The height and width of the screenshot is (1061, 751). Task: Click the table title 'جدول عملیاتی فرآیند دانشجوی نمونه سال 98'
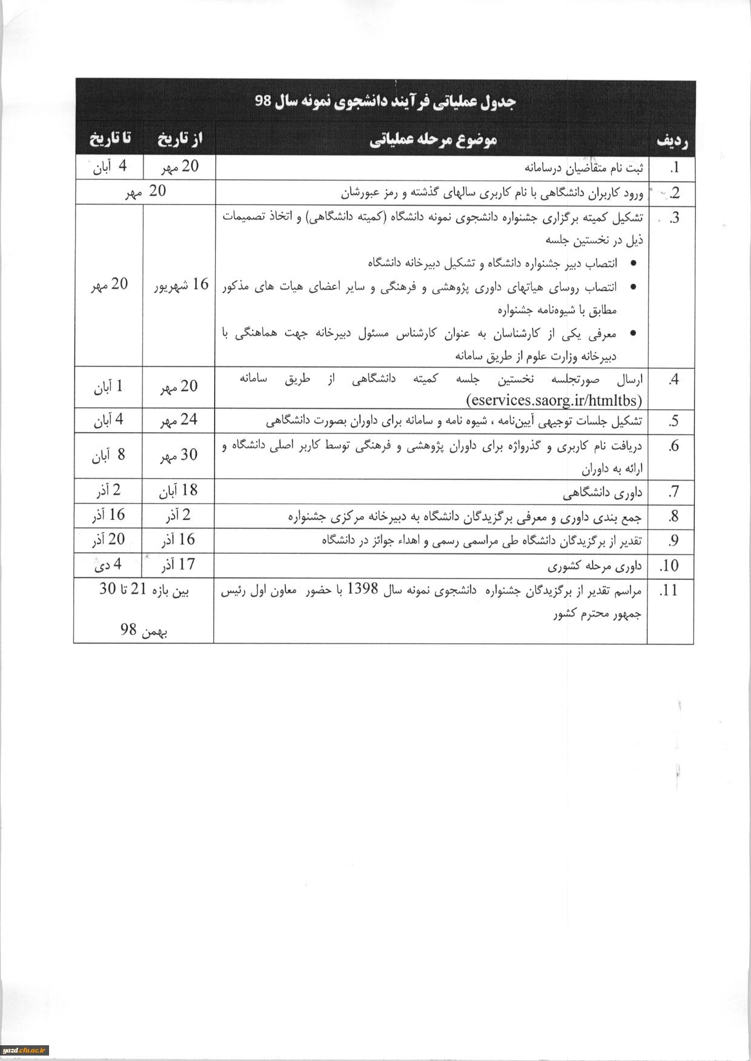(385, 102)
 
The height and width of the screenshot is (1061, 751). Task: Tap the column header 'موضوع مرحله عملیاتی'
(433, 140)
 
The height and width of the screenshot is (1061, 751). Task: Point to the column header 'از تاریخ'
(180, 139)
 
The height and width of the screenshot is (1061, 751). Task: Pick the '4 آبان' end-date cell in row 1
(110, 166)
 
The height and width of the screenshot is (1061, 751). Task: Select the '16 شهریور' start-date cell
(180, 284)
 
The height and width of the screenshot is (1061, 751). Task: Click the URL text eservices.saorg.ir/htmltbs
(554, 399)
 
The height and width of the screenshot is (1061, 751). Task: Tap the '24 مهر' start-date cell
(179, 420)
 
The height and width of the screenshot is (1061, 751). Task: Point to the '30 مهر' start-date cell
(179, 455)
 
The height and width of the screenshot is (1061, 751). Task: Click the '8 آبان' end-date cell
(109, 455)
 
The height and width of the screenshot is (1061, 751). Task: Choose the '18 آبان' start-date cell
(179, 491)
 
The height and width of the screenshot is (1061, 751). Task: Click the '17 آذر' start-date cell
(178, 565)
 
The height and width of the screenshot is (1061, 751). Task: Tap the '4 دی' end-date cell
(108, 565)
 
